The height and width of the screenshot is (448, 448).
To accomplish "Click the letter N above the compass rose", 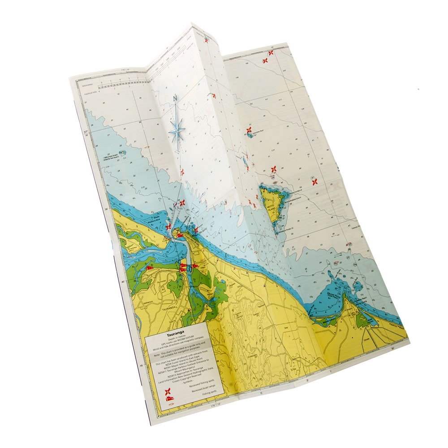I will tap(176, 98).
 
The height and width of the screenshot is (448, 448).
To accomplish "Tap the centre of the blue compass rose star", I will tap(178, 130).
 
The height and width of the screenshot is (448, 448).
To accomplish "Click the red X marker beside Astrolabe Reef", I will tap(249, 130).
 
